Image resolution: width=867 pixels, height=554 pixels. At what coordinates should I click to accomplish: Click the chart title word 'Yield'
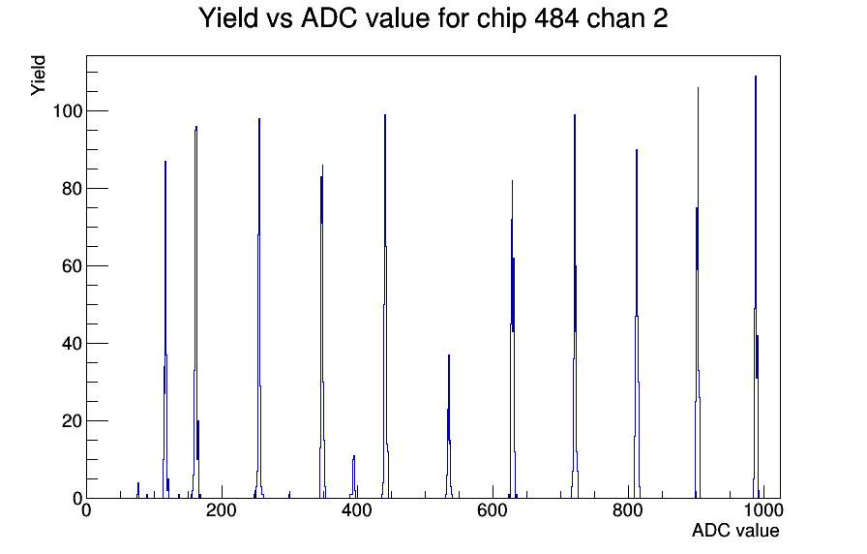(x=228, y=18)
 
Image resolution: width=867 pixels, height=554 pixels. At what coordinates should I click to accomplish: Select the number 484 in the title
(x=556, y=18)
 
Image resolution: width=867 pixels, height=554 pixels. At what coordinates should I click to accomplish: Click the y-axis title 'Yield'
(x=38, y=76)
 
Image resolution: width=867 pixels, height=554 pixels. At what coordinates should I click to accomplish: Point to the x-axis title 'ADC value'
(x=735, y=530)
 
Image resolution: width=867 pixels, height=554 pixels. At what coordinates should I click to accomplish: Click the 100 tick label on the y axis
(x=68, y=111)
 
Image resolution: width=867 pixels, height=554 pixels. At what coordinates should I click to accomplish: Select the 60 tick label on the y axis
(x=73, y=266)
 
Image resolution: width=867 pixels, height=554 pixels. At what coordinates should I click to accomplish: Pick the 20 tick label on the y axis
(x=73, y=421)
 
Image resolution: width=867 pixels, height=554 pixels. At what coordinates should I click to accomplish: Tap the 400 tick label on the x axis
(x=357, y=509)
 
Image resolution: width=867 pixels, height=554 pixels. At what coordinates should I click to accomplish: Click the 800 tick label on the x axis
(x=628, y=509)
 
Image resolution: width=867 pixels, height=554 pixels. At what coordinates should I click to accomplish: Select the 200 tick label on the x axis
(x=222, y=509)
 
